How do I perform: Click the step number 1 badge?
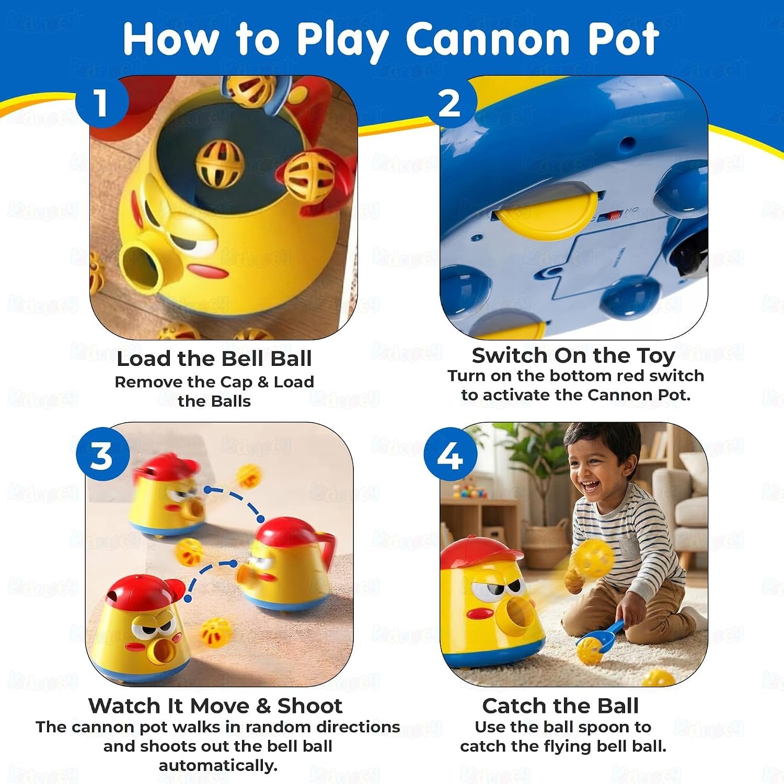(x=101, y=102)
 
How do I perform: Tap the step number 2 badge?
(x=450, y=102)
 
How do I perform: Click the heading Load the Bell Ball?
(x=214, y=359)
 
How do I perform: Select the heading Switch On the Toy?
(x=573, y=356)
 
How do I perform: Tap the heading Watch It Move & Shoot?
(x=215, y=706)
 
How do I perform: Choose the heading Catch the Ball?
(x=560, y=706)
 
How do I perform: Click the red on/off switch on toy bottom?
(x=613, y=215)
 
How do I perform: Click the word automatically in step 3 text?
(x=218, y=766)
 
